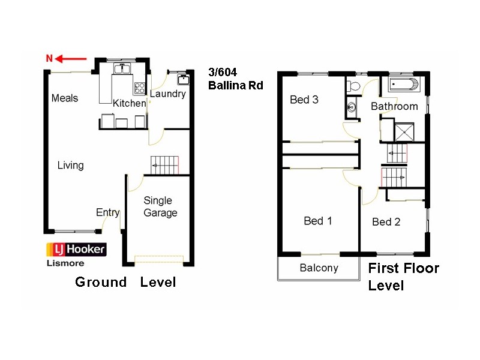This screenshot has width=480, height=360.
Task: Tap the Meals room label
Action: [x=65, y=98]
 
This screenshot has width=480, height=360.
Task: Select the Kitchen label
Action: [x=129, y=103]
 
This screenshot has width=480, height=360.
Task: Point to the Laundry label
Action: [x=168, y=94]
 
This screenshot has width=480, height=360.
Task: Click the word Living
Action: [x=70, y=165]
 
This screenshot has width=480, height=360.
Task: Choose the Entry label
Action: [x=107, y=213]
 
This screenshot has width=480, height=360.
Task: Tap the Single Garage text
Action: [x=160, y=207]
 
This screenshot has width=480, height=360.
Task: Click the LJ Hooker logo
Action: [x=76, y=249]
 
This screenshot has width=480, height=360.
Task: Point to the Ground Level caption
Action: [x=125, y=282]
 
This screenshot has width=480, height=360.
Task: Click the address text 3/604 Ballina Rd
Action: [x=235, y=79]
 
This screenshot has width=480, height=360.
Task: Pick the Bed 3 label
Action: [x=304, y=100]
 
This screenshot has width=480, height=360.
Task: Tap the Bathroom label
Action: [x=394, y=106]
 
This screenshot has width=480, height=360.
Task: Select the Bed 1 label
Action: [x=318, y=221]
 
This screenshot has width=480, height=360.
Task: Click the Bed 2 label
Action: [x=386, y=222]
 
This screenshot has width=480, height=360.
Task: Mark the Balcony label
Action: [x=319, y=268]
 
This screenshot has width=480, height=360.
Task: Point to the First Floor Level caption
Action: [x=403, y=277]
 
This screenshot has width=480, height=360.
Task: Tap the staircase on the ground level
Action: [x=165, y=164]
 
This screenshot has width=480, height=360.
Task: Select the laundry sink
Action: [x=182, y=79]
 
